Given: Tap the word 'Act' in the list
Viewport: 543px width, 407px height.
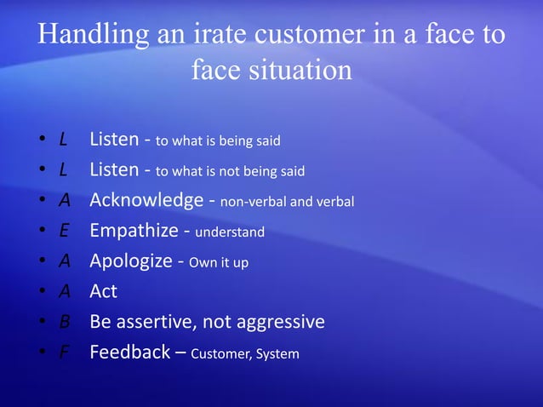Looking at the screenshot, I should click(103, 291).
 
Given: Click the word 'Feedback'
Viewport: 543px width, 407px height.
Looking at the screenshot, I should click(129, 352).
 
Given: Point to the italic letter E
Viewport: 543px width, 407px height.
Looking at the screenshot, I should click(64, 232).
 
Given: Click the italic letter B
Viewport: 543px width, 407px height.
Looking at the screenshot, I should click(64, 322).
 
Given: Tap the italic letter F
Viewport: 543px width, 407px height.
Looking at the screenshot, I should click(64, 353).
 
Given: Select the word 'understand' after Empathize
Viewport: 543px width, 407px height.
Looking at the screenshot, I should click(230, 232).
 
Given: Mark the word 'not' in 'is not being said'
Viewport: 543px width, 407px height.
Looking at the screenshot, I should click(225, 171).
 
